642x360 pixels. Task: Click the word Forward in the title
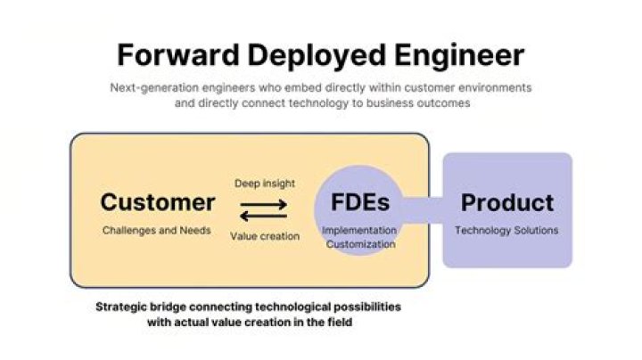pyautogui.click(x=178, y=55)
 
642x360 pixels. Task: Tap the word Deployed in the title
pyautogui.click(x=317, y=56)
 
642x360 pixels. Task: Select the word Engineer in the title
pyautogui.click(x=459, y=56)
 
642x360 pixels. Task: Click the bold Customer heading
pyautogui.click(x=158, y=202)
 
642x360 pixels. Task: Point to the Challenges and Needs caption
pyautogui.click(x=157, y=230)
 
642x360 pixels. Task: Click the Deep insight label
pyautogui.click(x=265, y=184)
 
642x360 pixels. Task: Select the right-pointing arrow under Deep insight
pyautogui.click(x=264, y=204)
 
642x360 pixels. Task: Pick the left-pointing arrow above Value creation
pyautogui.click(x=264, y=216)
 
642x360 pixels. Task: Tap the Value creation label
pyautogui.click(x=265, y=236)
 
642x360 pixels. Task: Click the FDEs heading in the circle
pyautogui.click(x=360, y=202)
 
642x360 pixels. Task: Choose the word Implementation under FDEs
pyautogui.click(x=359, y=231)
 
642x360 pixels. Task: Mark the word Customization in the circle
pyautogui.click(x=361, y=244)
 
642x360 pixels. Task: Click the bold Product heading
pyautogui.click(x=507, y=202)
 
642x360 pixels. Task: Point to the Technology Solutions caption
pyautogui.click(x=506, y=230)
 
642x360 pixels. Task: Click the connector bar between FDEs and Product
pyautogui.click(x=423, y=210)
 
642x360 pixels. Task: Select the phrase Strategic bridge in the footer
pyautogui.click(x=142, y=307)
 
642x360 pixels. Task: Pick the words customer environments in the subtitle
pyautogui.click(x=468, y=87)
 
